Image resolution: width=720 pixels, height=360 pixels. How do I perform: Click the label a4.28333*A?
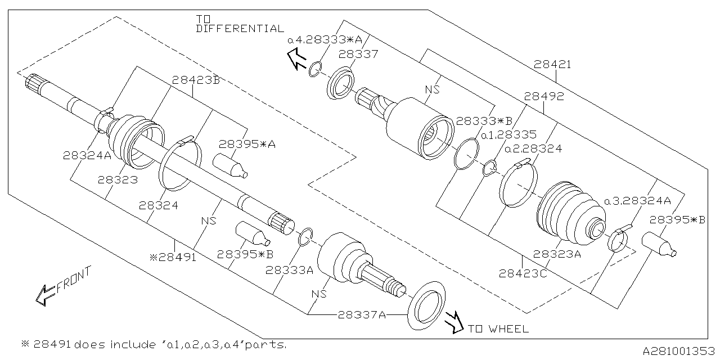[325, 40]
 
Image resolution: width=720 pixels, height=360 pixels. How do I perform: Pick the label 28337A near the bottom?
[361, 315]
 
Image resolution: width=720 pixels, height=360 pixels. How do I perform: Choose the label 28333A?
[289, 271]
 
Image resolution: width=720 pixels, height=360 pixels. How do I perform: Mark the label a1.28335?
[508, 135]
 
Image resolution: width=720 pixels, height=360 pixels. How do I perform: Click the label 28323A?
[556, 254]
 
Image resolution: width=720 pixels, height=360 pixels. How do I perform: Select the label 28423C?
[523, 274]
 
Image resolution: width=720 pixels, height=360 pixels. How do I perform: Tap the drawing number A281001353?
[678, 351]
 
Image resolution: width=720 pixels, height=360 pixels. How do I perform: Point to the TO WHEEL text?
[498, 329]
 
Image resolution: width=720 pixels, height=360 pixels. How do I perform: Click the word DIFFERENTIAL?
[240, 29]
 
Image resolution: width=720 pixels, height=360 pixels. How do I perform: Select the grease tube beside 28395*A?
[229, 165]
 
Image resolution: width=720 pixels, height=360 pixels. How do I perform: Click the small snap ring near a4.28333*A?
[315, 70]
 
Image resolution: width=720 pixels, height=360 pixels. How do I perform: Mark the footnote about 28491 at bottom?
[154, 344]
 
